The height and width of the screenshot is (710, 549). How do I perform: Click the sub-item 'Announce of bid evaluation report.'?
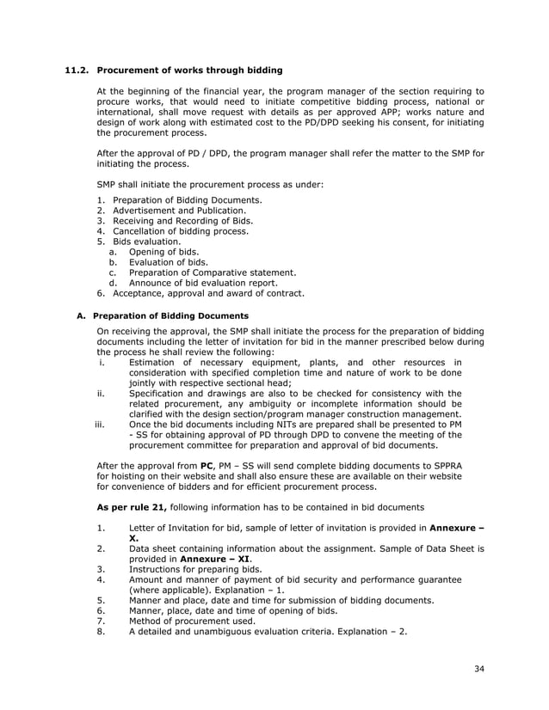[203, 283]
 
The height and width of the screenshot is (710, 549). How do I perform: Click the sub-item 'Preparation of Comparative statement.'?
[213, 272]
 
